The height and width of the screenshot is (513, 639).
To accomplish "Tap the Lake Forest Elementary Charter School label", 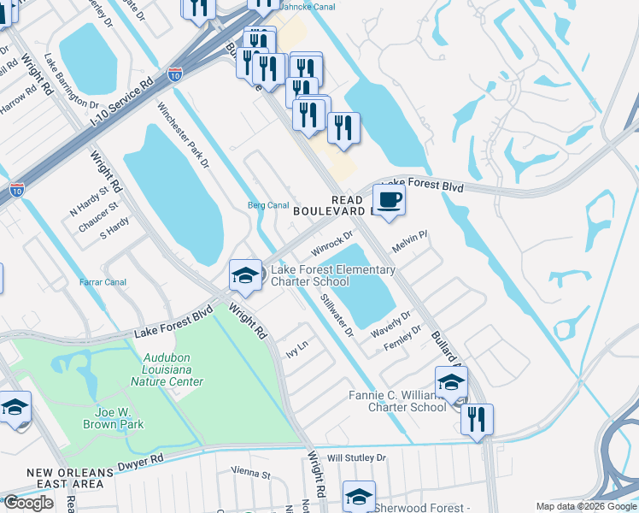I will [x=332, y=276].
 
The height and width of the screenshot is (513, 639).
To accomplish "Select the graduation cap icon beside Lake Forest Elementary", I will [x=245, y=275].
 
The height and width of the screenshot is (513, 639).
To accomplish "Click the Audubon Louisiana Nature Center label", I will [x=167, y=370].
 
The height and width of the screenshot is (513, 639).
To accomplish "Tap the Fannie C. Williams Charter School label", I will [x=398, y=401].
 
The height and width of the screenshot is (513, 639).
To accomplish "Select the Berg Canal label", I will [x=267, y=205].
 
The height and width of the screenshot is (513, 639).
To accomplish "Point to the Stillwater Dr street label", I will [x=337, y=315].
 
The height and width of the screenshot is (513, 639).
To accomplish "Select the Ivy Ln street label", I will [x=296, y=350].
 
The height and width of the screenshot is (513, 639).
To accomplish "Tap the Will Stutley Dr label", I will [x=356, y=458].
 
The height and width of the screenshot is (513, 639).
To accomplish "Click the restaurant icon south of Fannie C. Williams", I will [x=477, y=420].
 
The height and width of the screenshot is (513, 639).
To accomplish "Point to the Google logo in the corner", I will [x=28, y=503].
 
